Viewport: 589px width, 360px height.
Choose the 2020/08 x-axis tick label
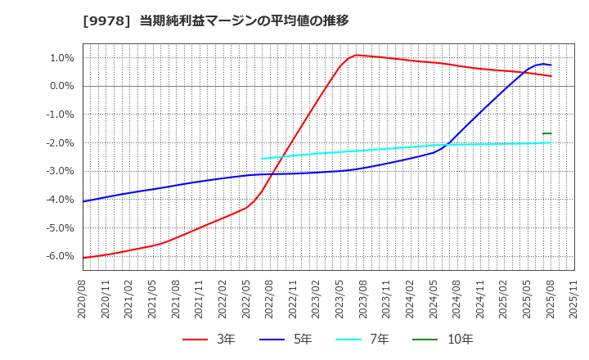pyautogui.click(x=83, y=299)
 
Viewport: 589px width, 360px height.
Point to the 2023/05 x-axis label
pyautogui.click(x=340, y=299)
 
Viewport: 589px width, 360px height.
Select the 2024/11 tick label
pyautogui.click(x=480, y=299)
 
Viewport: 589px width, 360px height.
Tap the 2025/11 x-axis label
pyautogui.click(x=573, y=299)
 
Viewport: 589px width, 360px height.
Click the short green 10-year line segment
pyautogui.click(x=546, y=133)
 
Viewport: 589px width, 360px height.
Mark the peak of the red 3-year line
pyautogui.click(x=356, y=55)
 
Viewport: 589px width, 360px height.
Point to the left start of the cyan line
pyautogui.click(x=263, y=159)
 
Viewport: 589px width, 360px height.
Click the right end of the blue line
pyautogui.click(x=551, y=65)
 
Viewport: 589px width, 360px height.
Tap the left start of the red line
pyautogui.click(x=83, y=258)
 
